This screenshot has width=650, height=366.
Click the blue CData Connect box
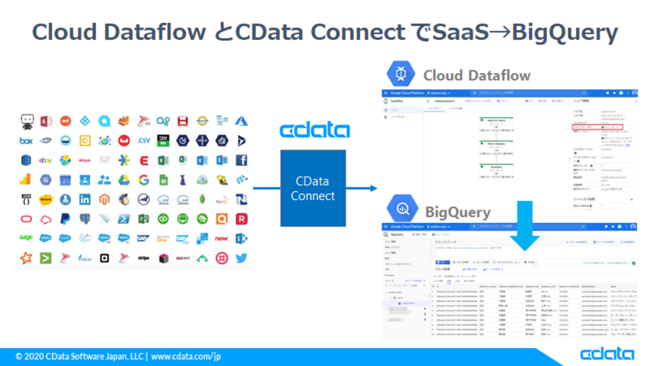point(313,188)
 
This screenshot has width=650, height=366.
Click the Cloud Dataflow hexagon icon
point(401,74)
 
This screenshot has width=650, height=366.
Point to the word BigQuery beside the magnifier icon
point(457,212)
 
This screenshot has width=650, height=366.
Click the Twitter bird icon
point(241,258)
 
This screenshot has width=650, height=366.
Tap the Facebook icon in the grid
point(241,160)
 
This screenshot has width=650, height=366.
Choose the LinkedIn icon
point(85,199)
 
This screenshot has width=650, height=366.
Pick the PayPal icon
point(65,219)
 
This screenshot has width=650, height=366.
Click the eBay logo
point(45,160)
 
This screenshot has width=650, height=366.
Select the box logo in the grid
point(26,141)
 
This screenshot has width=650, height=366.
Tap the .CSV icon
point(143,141)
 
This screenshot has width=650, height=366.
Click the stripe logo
point(143,258)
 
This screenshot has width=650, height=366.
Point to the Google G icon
point(143,180)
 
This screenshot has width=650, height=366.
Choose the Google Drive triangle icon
point(124,180)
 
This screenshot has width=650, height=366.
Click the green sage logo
point(26,238)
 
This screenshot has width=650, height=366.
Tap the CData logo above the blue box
point(314,130)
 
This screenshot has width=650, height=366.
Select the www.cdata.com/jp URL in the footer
point(185,357)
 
